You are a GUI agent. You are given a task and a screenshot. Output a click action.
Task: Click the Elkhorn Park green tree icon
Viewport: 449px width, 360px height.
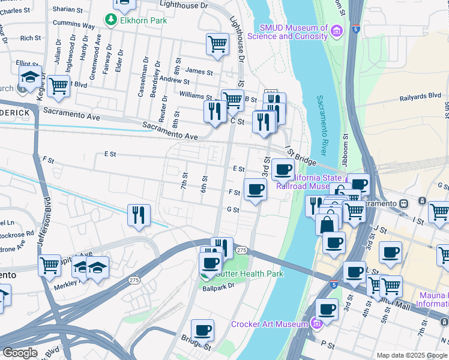110,20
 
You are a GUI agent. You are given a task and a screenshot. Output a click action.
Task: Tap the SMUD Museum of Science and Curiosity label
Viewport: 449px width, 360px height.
294,32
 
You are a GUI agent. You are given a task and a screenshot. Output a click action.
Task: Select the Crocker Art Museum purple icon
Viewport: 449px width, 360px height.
317,325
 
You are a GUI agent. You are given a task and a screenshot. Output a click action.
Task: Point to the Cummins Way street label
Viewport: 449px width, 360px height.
74,26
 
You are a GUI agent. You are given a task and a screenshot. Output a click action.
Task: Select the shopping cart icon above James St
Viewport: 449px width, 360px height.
217,44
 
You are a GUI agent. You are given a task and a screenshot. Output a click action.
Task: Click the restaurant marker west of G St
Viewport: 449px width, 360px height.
139,215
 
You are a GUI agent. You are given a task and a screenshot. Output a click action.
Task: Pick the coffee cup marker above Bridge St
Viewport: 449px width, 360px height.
203,331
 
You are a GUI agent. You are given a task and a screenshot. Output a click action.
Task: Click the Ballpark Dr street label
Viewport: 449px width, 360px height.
218,288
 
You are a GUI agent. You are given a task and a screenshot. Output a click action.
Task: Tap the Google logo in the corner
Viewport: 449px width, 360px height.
20,352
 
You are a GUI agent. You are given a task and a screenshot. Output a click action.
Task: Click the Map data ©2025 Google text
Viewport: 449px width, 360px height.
412,355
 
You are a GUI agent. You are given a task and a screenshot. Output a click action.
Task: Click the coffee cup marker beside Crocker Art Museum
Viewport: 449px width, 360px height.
327,310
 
